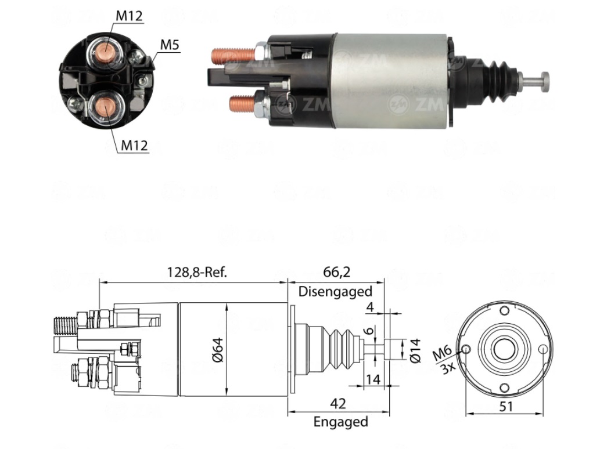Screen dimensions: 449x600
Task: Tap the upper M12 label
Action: coord(129,16)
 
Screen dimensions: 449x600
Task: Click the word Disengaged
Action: coord(335,291)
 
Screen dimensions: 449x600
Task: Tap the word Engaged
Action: coord(340,422)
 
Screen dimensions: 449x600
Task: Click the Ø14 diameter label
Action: coord(415,350)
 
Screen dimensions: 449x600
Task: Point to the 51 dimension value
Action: coord(506,406)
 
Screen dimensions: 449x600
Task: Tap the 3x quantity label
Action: coord(448,366)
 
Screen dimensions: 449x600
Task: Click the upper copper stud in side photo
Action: coord(231,56)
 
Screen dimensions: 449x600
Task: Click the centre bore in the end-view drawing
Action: coord(501,349)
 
